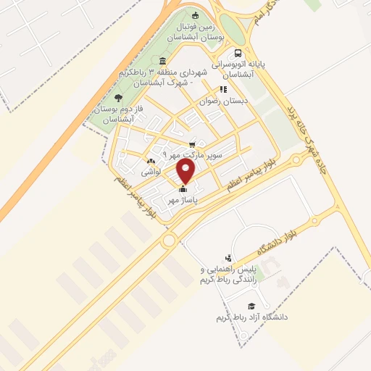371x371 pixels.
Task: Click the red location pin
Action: coord(186,171)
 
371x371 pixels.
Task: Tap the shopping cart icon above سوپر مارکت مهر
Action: coord(192,143)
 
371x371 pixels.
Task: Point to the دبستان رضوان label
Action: coord(225,102)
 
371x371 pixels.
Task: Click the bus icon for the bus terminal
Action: coord(238,53)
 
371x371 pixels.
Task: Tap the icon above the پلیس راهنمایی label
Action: coord(228,258)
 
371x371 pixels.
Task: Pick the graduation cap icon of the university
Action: coord(251,307)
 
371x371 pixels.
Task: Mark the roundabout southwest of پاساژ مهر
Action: coord(170,240)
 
